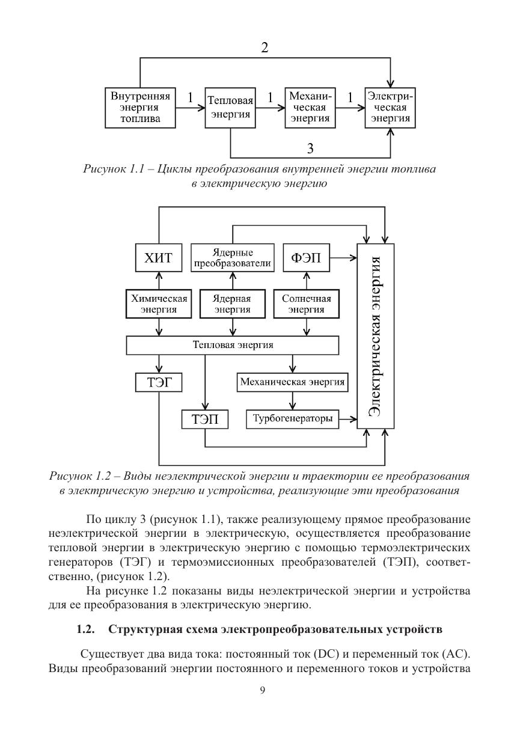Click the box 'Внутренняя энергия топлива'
141,108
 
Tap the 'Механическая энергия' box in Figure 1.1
310,108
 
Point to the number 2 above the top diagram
265,48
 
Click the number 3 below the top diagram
310,147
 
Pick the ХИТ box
159,259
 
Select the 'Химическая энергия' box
159,304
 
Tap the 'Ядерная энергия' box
233,304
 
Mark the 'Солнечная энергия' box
307,304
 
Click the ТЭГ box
159,382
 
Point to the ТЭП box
205,419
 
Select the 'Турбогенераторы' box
293,418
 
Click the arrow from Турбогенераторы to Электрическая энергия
348,418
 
